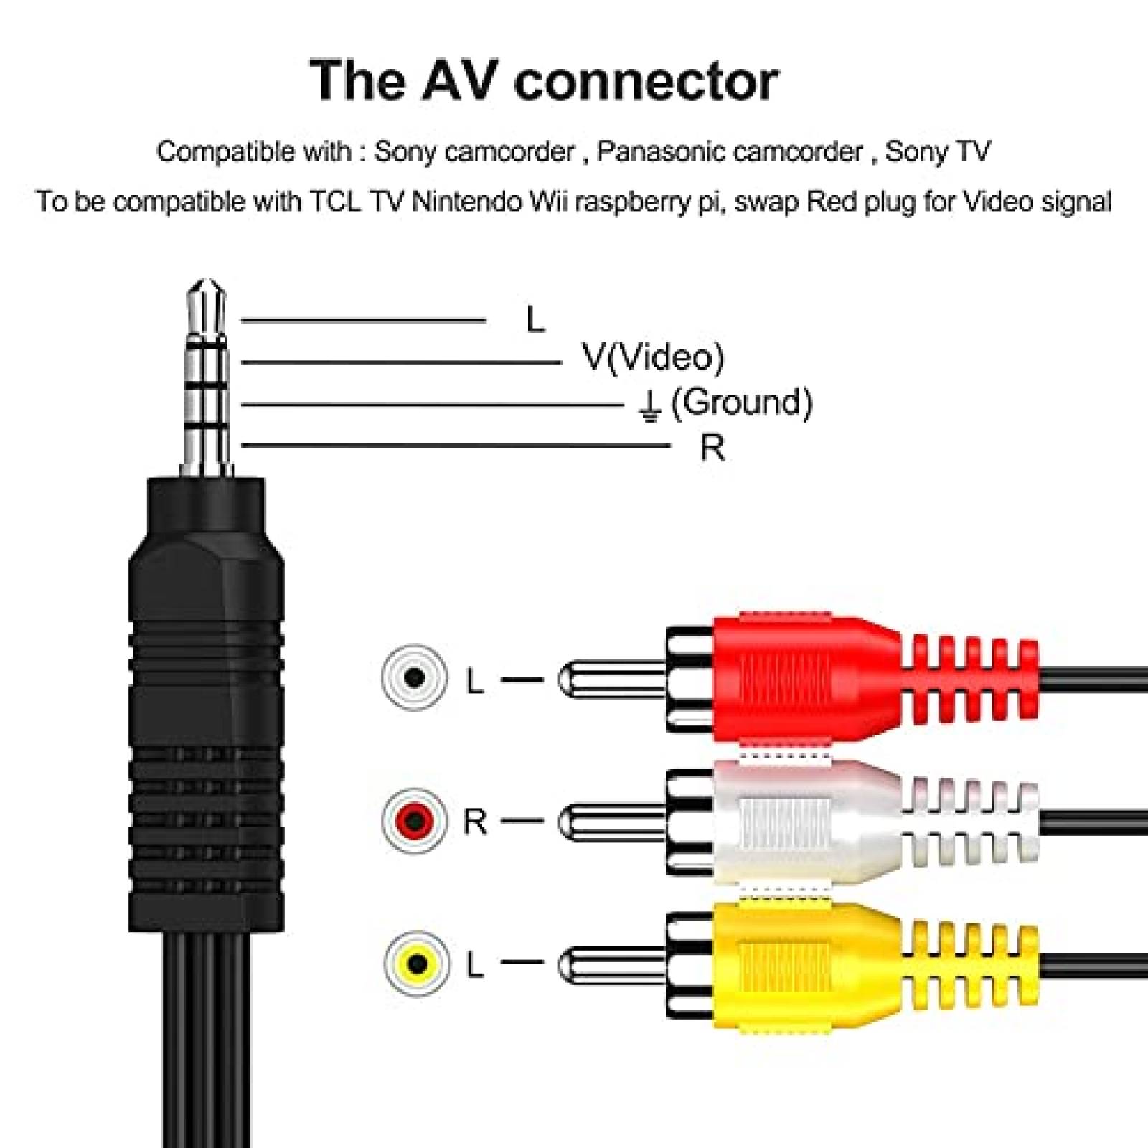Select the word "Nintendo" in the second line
(x=466, y=202)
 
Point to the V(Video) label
(x=653, y=357)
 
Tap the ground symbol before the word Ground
(x=649, y=406)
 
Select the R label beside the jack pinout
(x=712, y=448)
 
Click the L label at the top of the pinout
(x=535, y=319)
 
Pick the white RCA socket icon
(x=414, y=677)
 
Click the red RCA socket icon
(x=414, y=820)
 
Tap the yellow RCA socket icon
(x=416, y=963)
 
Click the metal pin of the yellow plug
(x=610, y=964)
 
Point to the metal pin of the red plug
(x=610, y=678)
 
